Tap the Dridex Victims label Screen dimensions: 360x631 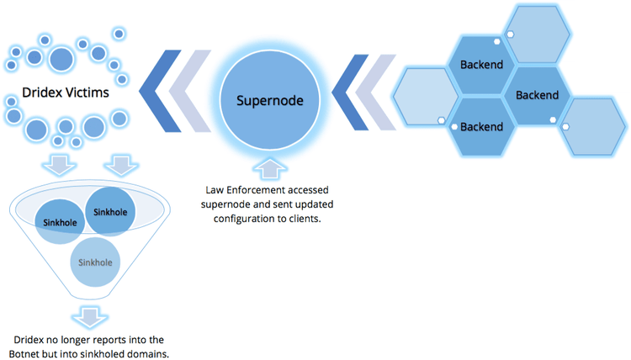point(66,93)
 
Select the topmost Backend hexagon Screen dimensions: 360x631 point(481,65)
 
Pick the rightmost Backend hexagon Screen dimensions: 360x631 point(536,95)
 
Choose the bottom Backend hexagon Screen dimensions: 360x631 point(481,127)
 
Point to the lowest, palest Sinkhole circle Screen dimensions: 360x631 point(95,262)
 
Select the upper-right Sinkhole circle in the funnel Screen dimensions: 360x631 point(109,212)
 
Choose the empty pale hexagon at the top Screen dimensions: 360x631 point(538,34)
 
